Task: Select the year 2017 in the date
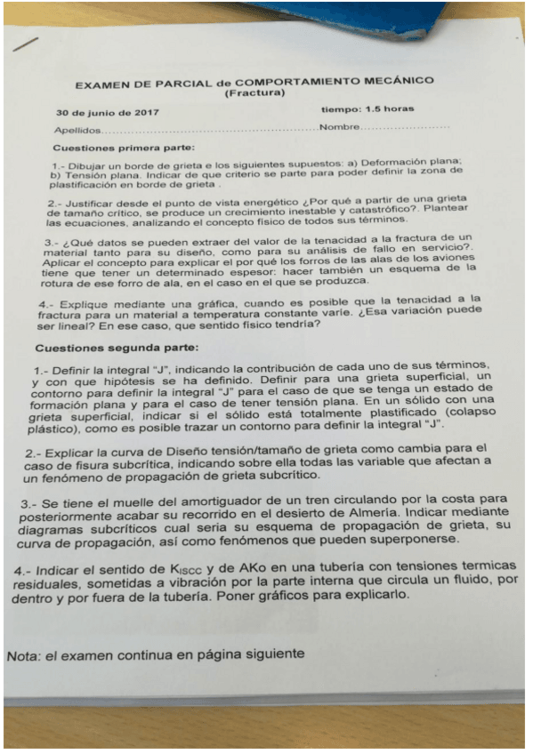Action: point(144,114)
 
